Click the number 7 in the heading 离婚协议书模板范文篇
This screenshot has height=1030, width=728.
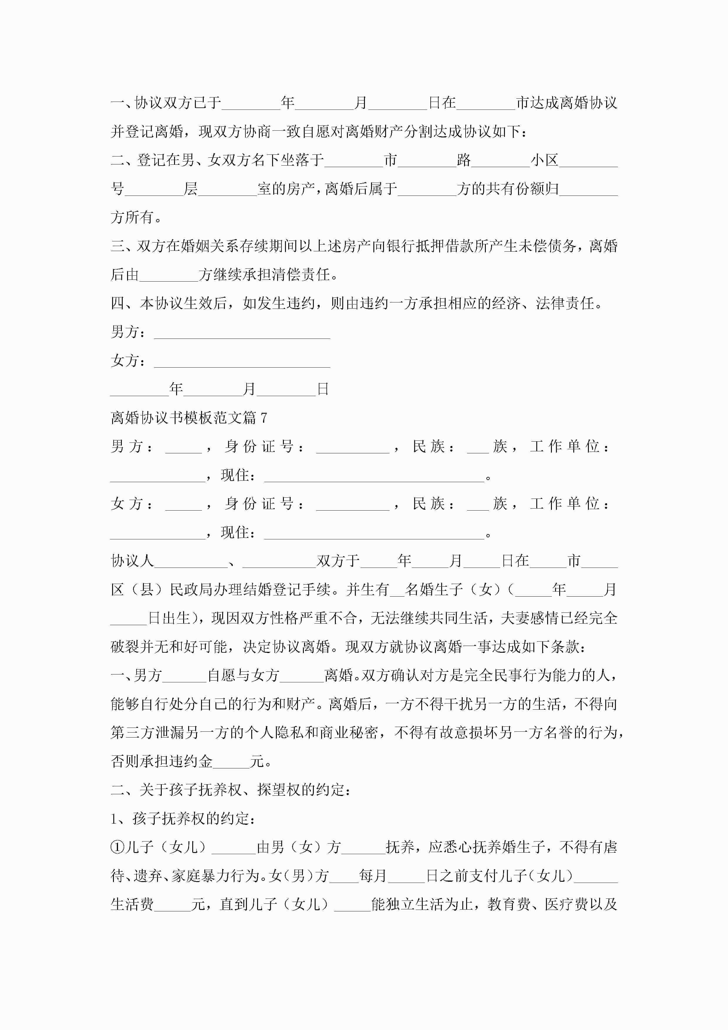(x=264, y=418)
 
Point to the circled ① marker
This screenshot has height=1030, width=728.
(x=117, y=847)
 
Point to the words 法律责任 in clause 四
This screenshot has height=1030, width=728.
(x=565, y=304)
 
